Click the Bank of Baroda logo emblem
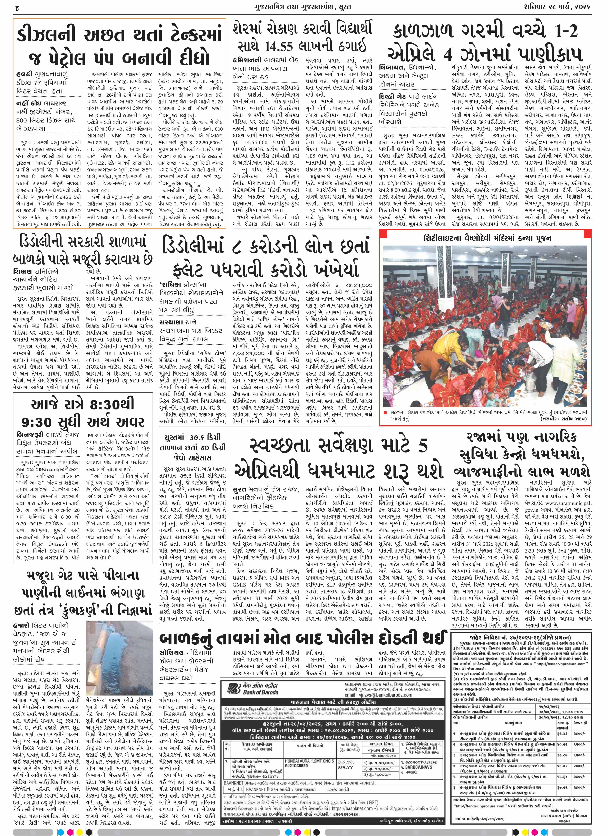pos(232,688)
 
